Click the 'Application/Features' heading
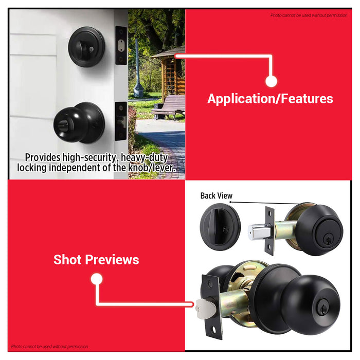pyautogui.click(x=270, y=99)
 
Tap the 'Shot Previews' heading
pyautogui.click(x=96, y=260)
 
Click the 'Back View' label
pyautogui.click(x=216, y=195)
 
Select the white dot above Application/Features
pyautogui.click(x=272, y=81)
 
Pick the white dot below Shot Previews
pyautogui.click(x=96, y=279)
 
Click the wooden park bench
pyautogui.click(x=168, y=106)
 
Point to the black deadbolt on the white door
pyautogui.click(x=87, y=47)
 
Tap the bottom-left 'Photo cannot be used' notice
pyautogui.click(x=50, y=347)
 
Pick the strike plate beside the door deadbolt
pyautogui.click(x=121, y=46)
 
